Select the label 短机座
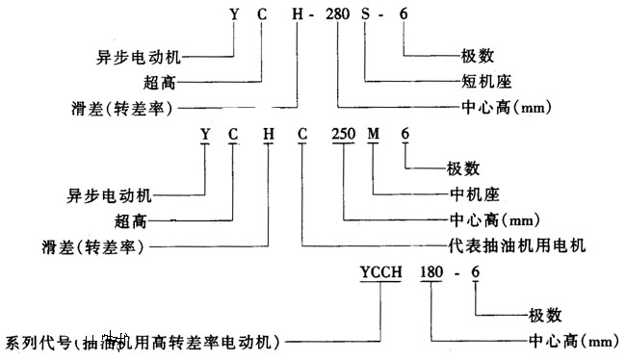pyautogui.click(x=471, y=82)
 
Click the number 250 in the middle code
pyautogui.click(x=344, y=134)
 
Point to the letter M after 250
pyautogui.click(x=374, y=134)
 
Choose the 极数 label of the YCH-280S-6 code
pyautogui.click(x=465, y=55)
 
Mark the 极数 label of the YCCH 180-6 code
pyautogui.click(x=546, y=314)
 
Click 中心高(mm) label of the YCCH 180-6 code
pyautogui.click(x=572, y=341)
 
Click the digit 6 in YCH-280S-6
pyautogui.click(x=403, y=14)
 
